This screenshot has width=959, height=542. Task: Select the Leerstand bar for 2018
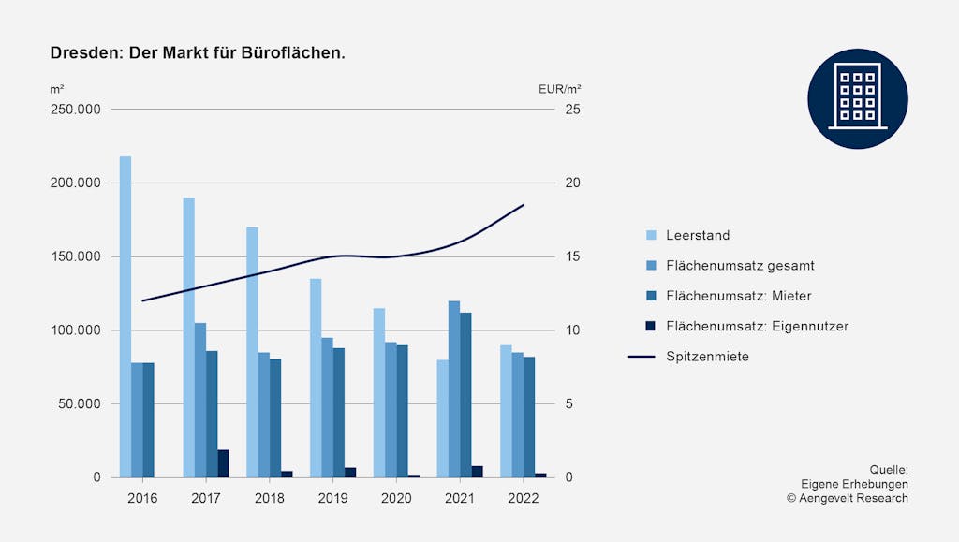click(x=252, y=352)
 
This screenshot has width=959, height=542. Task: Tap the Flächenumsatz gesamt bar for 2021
click(x=454, y=388)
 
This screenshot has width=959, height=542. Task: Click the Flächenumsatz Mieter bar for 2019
click(x=339, y=413)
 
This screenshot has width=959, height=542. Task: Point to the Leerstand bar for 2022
click(x=506, y=411)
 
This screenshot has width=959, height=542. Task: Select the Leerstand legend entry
click(x=698, y=235)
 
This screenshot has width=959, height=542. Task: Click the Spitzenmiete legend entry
click(x=707, y=357)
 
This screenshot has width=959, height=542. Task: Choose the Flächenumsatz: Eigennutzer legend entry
click(x=757, y=326)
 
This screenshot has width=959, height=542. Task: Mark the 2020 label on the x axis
click(x=396, y=498)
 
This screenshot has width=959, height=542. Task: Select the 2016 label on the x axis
click(x=142, y=498)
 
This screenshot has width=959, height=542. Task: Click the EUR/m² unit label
click(x=560, y=89)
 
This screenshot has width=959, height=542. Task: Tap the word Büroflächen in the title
click(x=300, y=53)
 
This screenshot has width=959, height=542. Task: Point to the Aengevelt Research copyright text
click(x=848, y=498)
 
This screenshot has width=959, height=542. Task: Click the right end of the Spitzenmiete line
click(x=524, y=204)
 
